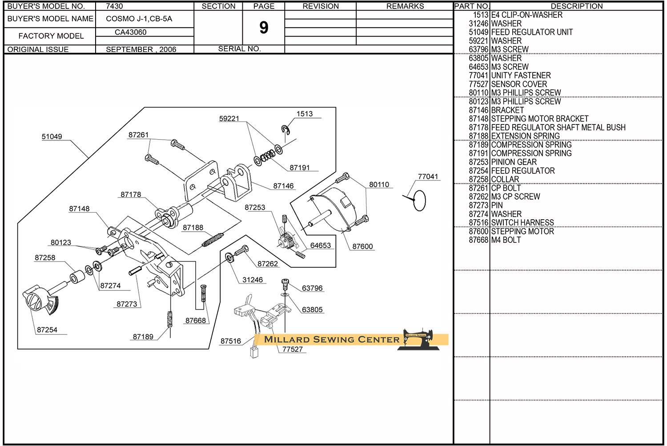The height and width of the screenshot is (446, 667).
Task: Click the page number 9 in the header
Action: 264,28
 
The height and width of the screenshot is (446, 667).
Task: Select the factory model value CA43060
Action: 130,32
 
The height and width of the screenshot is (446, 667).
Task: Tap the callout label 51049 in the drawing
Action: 52,137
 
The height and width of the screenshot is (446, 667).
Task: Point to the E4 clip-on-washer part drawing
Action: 285,129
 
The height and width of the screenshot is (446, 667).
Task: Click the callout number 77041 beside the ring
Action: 428,177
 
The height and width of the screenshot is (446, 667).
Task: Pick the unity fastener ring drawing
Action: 419,201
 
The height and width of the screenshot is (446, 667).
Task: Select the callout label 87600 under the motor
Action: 362,246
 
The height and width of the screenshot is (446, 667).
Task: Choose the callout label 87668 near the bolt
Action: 196,321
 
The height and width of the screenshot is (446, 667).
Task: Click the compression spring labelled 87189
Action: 170,319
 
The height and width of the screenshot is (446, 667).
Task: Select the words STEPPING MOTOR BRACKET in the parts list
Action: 540,119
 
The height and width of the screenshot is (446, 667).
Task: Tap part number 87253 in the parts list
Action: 478,162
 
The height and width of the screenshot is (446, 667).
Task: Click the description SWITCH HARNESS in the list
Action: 522,222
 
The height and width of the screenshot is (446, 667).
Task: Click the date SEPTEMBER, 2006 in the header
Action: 141,49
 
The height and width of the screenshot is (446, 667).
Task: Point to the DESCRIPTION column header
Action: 577,6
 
